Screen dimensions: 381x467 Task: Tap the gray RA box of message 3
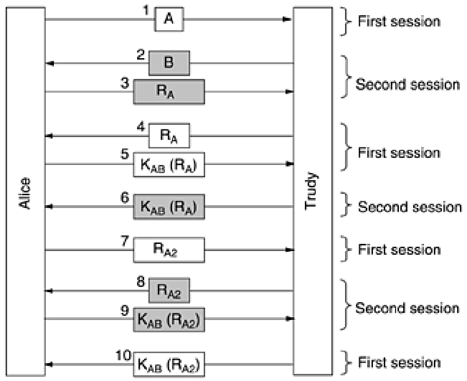click(x=169, y=92)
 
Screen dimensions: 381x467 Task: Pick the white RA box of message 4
click(x=169, y=136)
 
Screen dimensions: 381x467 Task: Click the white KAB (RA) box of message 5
click(x=169, y=165)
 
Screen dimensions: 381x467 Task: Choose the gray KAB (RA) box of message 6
click(x=169, y=207)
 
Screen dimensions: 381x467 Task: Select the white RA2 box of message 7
click(x=169, y=250)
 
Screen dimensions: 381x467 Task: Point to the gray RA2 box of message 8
click(x=169, y=291)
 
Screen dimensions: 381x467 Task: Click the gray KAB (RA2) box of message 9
click(x=169, y=319)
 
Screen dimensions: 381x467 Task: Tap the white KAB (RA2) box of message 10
click(x=169, y=364)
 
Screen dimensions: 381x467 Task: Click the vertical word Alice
click(x=26, y=194)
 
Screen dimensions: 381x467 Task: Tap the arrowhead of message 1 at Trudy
click(x=286, y=20)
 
